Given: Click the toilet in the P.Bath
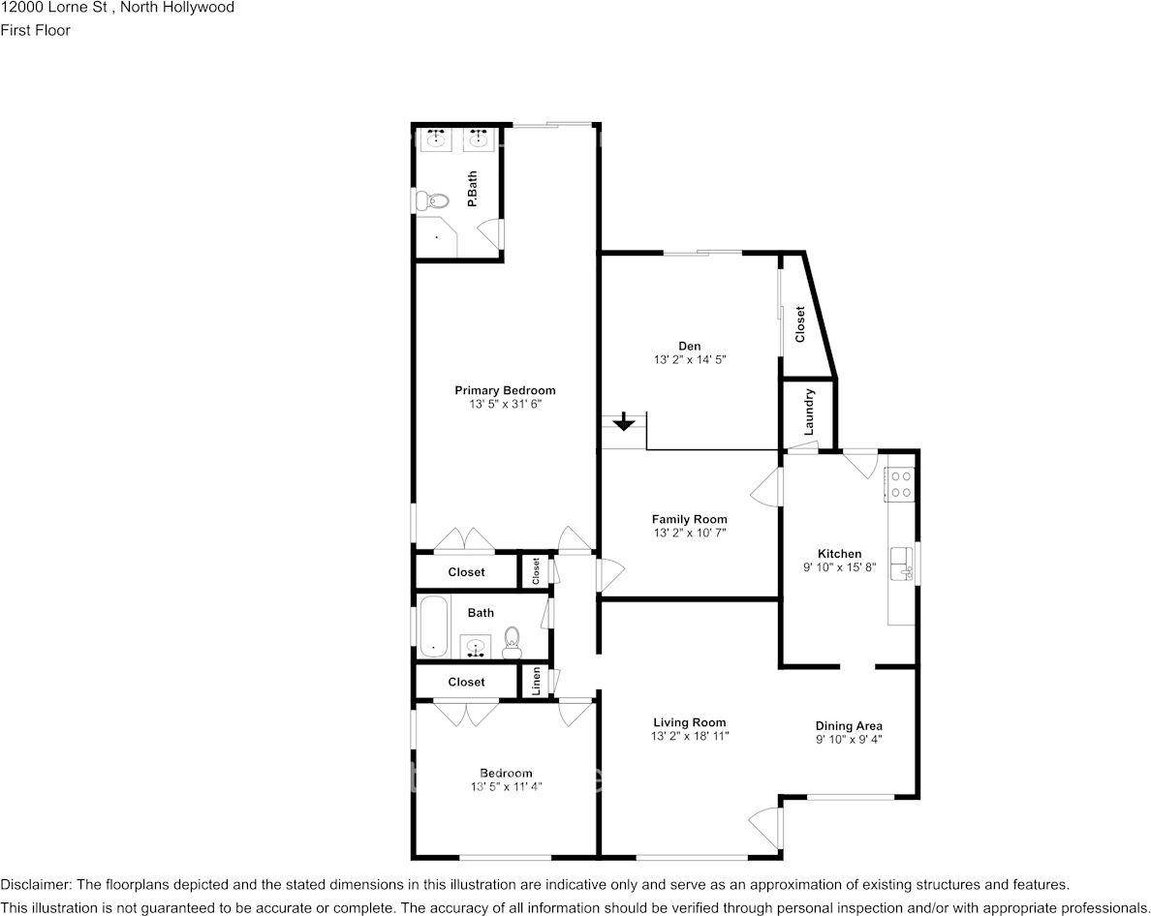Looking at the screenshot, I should point(432,201).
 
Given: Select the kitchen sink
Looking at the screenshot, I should point(902,561).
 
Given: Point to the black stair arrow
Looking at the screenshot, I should point(624,422).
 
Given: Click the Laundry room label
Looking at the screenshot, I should point(809,412).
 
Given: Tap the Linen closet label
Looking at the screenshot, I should point(536,682).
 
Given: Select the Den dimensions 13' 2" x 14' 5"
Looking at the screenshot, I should point(689,359).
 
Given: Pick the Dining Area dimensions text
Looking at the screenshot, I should point(849,739).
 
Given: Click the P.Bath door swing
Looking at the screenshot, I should point(493,232).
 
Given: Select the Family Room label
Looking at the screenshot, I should point(689,519).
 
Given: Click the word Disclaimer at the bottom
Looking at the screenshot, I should point(35,884).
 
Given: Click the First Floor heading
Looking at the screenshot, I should point(35,30).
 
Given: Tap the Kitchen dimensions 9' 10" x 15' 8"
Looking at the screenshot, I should point(839,567).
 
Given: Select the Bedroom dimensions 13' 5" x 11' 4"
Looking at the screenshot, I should point(505,786).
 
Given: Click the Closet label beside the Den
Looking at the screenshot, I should point(800,324).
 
